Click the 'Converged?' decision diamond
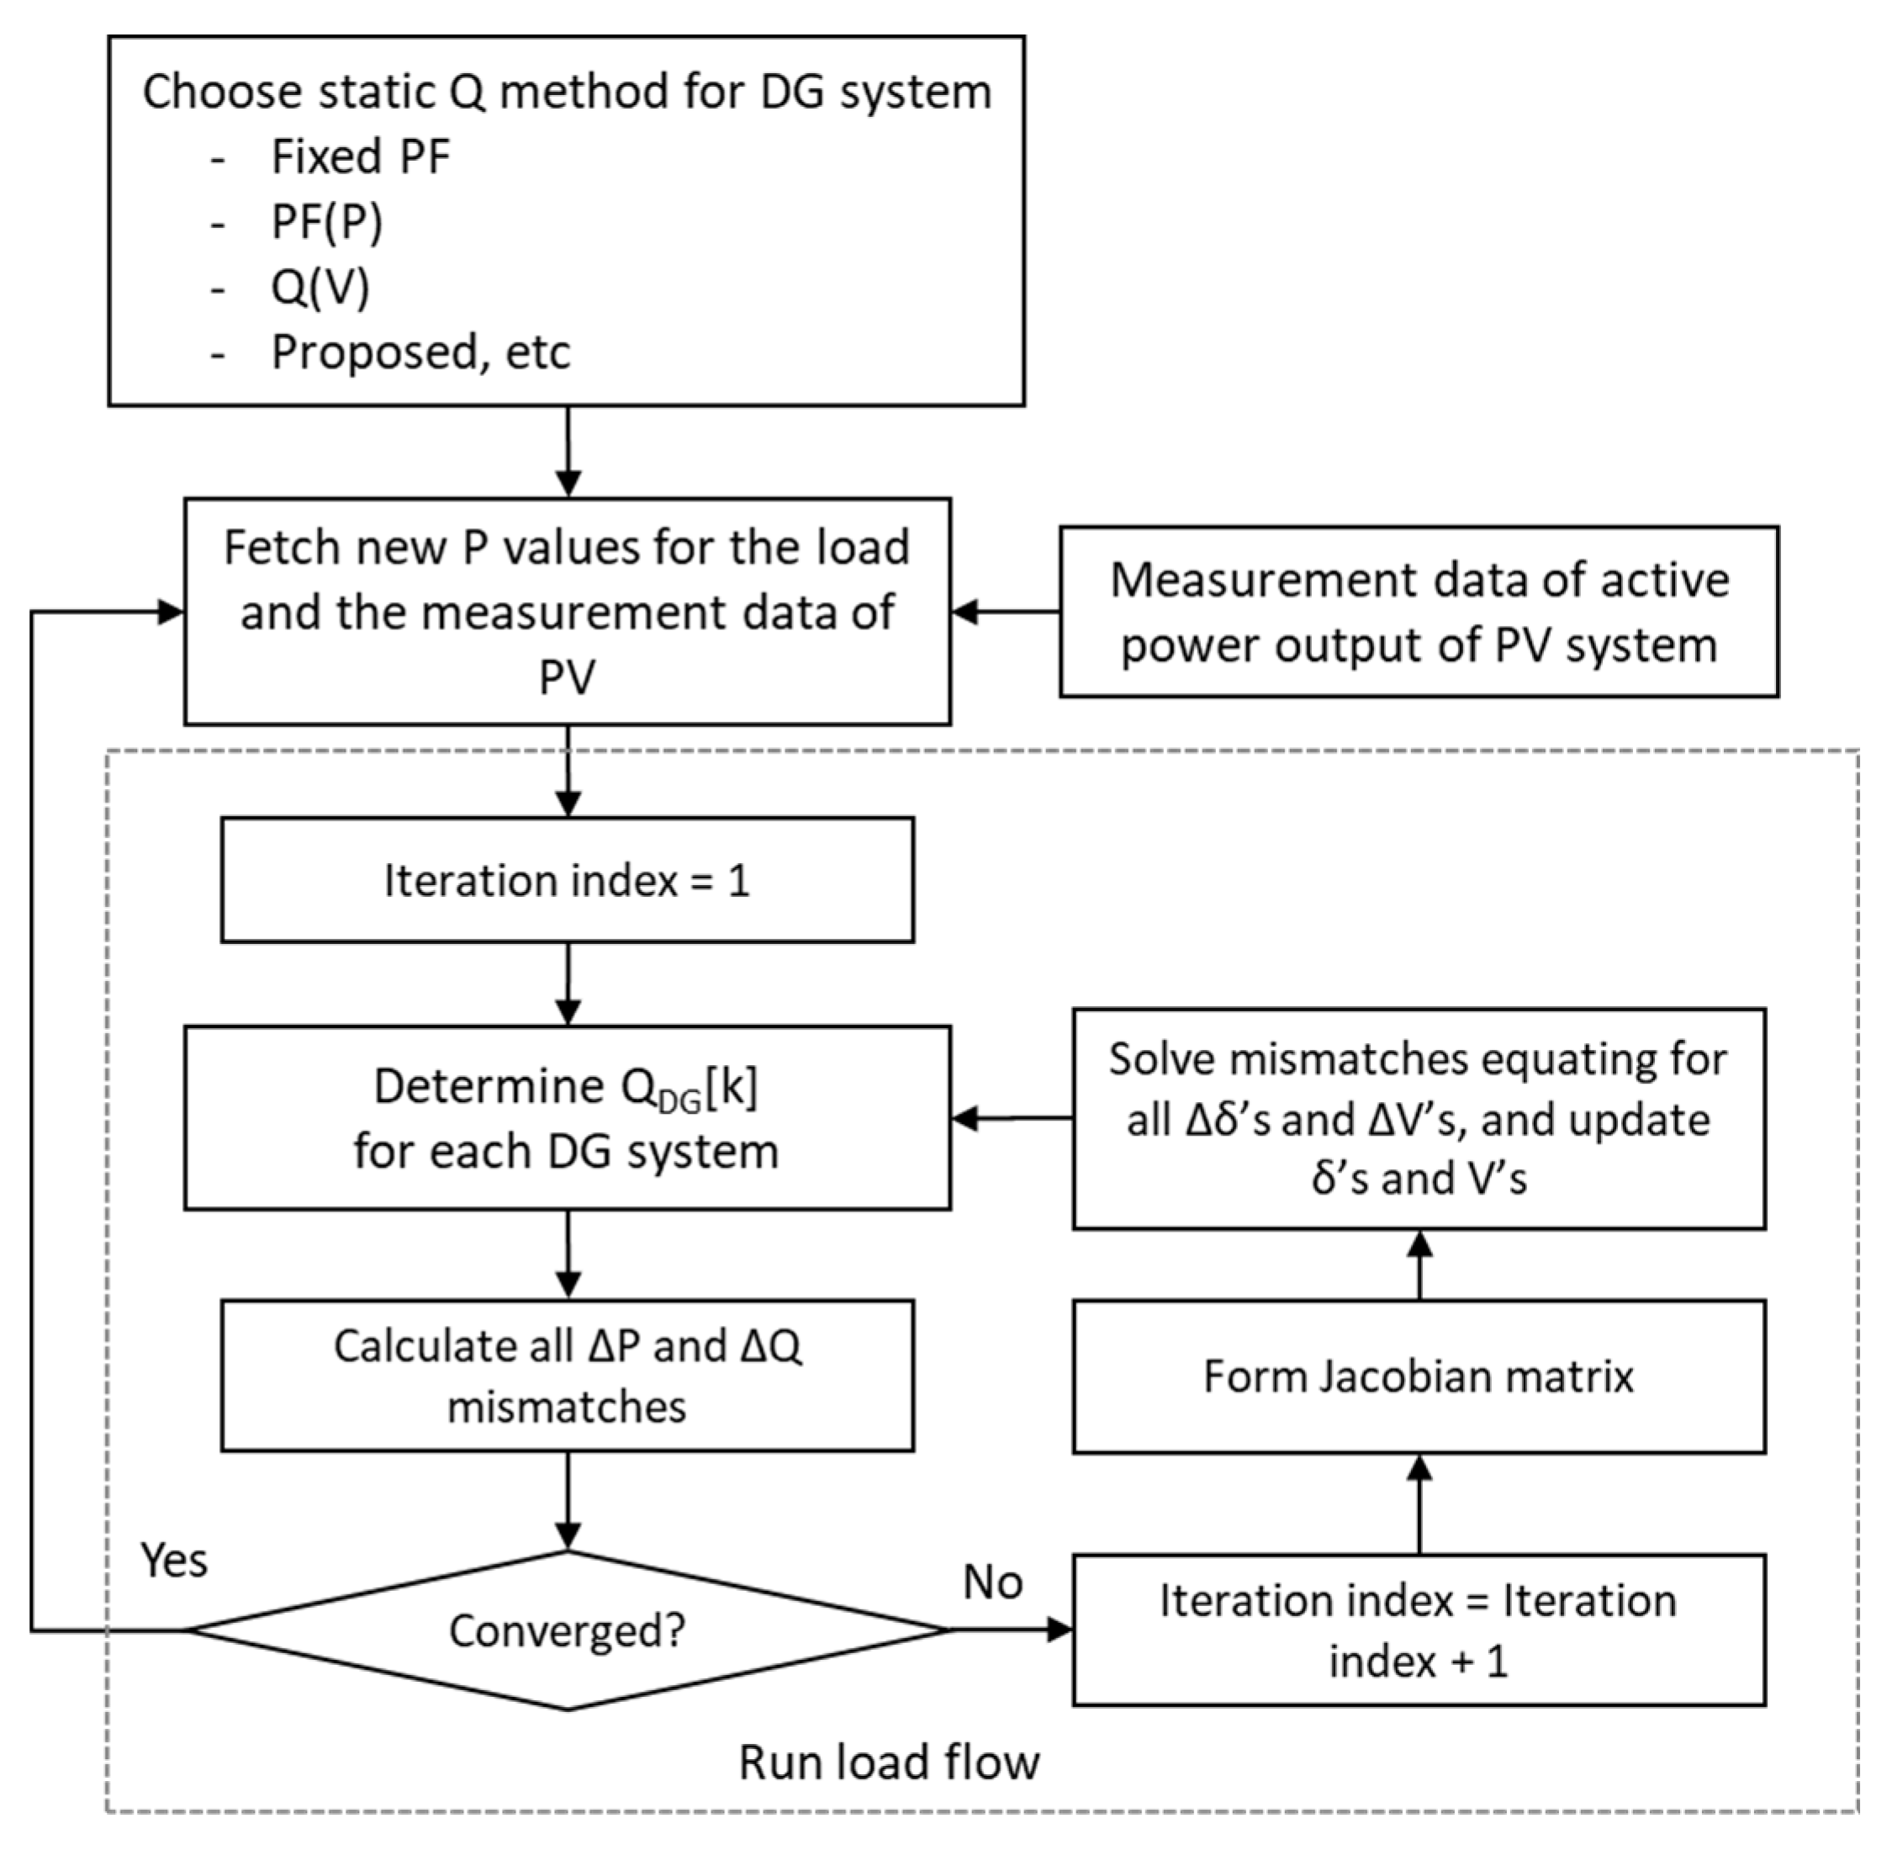pos(568,1630)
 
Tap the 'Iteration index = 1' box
pos(568,880)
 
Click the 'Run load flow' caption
pos(889,1762)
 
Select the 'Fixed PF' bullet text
pos(361,156)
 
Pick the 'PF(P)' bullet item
pos(326,222)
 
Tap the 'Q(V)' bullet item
pos(320,287)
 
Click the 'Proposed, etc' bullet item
pos(420,352)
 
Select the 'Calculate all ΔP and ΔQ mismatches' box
pos(568,1376)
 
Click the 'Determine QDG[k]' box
pos(568,1117)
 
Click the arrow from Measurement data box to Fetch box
pos(1005,612)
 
